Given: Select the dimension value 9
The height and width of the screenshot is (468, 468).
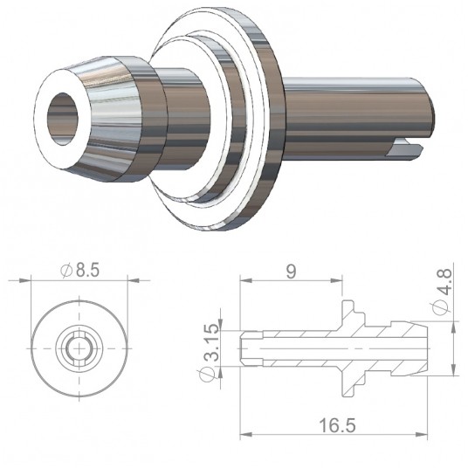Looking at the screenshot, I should pos(291,272).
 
